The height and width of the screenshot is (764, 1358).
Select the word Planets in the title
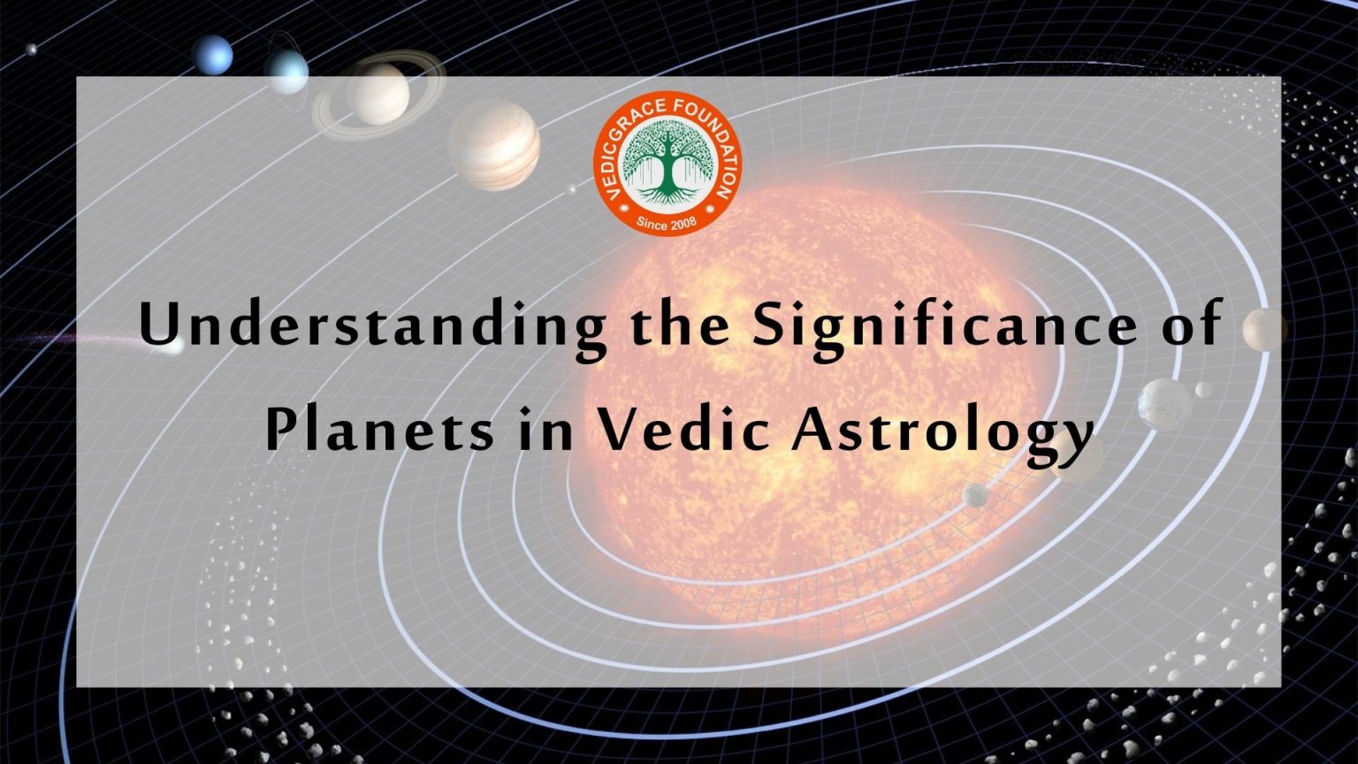click(x=380, y=432)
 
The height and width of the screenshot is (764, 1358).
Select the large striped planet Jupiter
click(x=494, y=144)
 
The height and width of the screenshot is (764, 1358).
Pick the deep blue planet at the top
click(x=213, y=55)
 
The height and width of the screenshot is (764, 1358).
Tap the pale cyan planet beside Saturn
click(x=287, y=71)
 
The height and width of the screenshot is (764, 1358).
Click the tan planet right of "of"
click(x=1264, y=330)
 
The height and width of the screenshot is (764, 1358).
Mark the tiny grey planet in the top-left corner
click(x=33, y=50)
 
